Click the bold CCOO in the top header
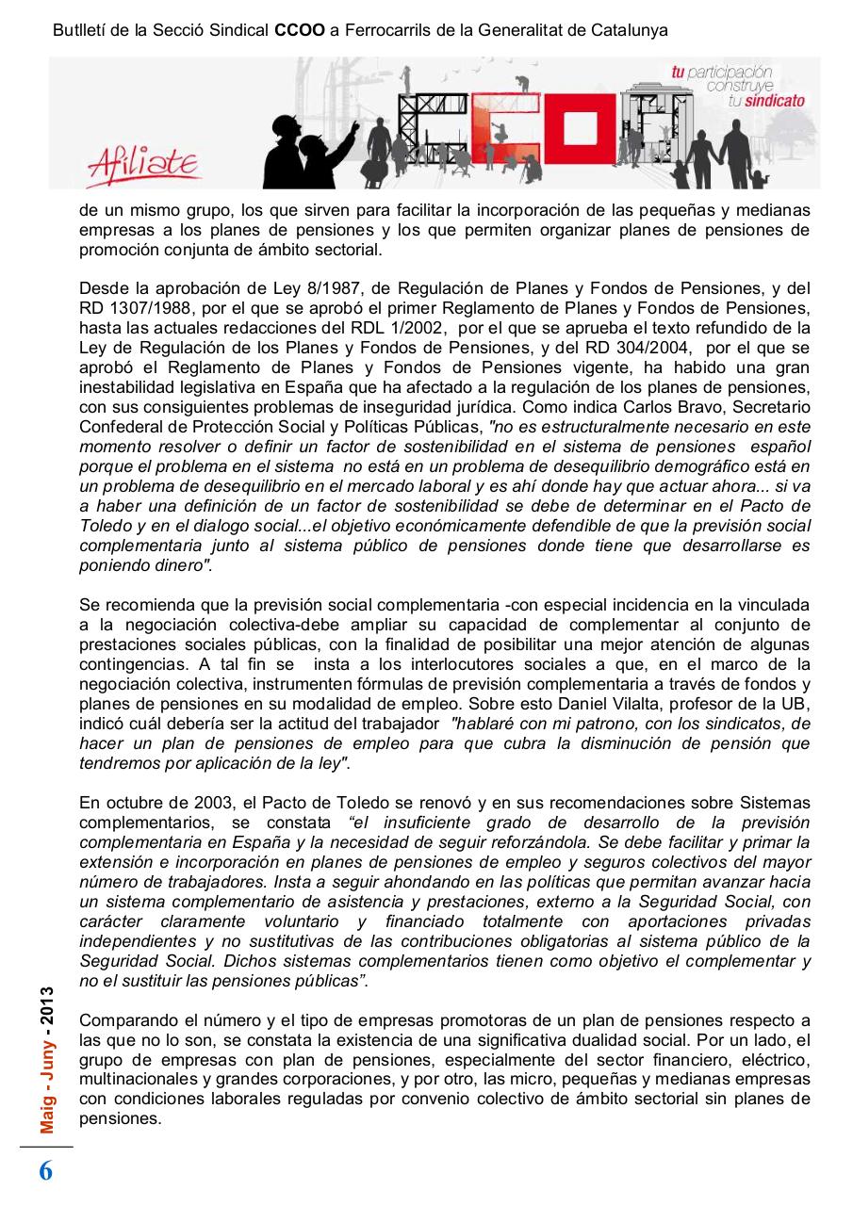coord(300,30)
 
